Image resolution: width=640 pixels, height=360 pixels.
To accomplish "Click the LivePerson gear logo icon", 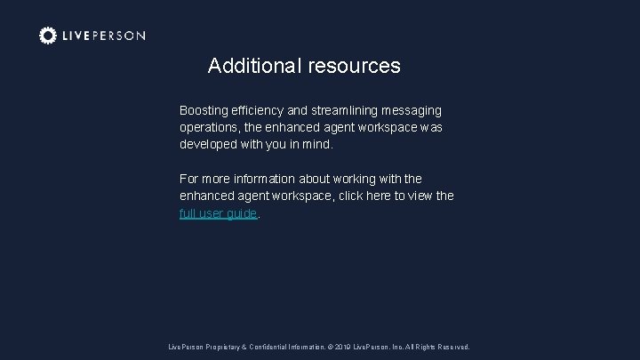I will click(48, 36).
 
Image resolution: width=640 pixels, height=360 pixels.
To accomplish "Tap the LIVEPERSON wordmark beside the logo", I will click(104, 36).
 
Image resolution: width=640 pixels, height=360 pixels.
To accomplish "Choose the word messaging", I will click(417, 111).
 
